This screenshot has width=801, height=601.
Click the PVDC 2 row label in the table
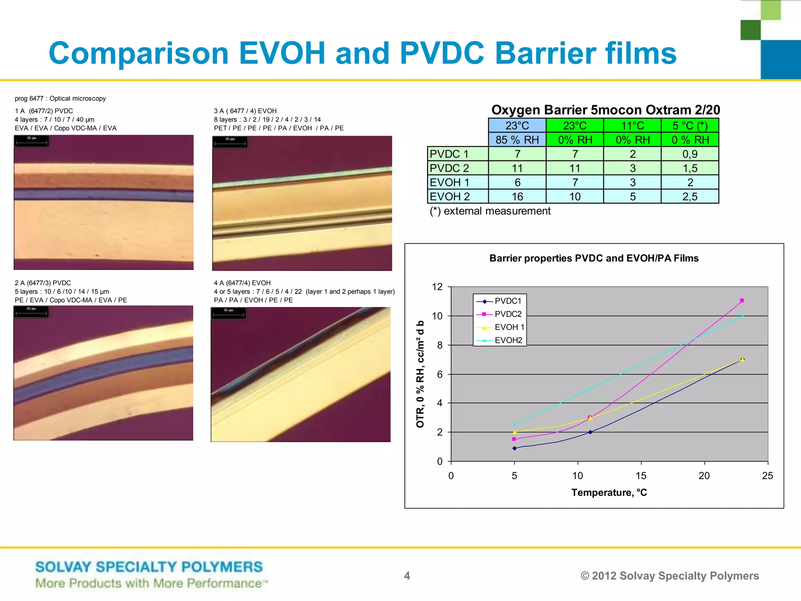tap(449, 168)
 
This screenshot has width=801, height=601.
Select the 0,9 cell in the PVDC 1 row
tap(690, 154)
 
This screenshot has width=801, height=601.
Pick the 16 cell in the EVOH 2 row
tap(517, 196)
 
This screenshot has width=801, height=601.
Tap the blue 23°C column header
tap(517, 126)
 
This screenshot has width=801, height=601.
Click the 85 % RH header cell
tap(517, 140)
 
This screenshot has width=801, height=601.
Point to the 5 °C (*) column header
tap(690, 126)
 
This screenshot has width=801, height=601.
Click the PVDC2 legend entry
tap(508, 314)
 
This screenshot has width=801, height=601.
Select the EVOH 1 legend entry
tap(509, 327)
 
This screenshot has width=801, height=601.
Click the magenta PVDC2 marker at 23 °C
tap(742, 300)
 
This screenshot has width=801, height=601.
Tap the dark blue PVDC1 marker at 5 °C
tap(514, 448)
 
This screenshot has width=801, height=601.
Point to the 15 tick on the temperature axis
tap(641, 476)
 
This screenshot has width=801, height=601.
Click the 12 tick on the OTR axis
tap(437, 287)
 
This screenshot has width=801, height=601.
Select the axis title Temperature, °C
tap(609, 493)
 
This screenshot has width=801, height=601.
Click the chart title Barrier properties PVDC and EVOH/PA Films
tap(594, 258)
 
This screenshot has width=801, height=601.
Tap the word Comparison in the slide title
tap(138, 53)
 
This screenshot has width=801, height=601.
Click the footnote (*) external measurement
tap(490, 211)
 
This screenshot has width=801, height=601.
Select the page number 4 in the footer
tap(407, 576)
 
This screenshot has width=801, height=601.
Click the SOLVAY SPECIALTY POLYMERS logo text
tap(149, 567)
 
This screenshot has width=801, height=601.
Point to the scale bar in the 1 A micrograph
tap(32, 142)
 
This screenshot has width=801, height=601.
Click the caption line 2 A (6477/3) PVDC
tap(43, 283)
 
